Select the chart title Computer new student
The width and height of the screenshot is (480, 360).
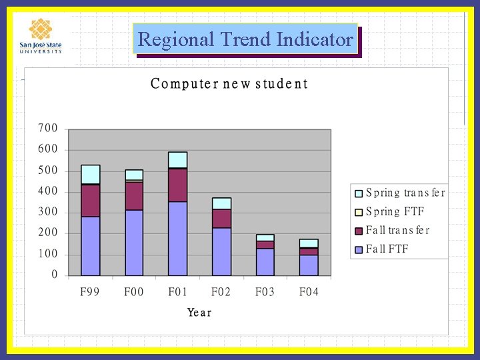pos(229,84)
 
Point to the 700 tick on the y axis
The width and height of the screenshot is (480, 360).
pos(47,128)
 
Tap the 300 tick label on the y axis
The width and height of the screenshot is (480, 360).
pos(47,212)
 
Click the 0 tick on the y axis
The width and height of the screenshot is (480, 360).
pos(54,275)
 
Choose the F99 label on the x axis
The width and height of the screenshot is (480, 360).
pos(89,293)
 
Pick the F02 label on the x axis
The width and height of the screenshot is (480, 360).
pos(221,293)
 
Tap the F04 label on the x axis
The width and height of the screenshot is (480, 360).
pos(309,293)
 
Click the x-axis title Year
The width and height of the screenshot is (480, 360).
pos(199,312)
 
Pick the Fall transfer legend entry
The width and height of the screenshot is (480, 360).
pos(397,231)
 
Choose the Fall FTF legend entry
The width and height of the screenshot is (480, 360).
pos(387,249)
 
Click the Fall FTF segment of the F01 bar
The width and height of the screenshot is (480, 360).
pos(177,238)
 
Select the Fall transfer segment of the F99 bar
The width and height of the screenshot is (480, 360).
pos(90,201)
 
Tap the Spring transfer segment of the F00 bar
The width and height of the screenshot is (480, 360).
pos(134,175)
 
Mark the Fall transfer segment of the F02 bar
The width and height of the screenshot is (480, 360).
pos(221,219)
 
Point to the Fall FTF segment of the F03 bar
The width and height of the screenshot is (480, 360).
pos(265,262)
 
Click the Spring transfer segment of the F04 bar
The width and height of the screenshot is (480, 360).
pos(309,243)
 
